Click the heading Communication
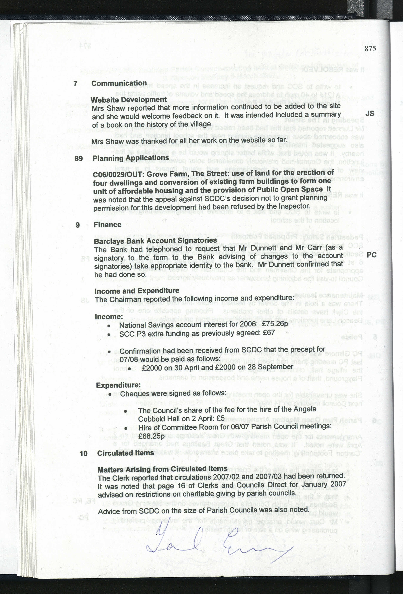[119, 83]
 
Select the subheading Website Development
[129, 100]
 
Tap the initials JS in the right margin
[369, 114]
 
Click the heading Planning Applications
[130, 158]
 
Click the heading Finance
[108, 225]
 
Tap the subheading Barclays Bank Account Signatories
[155, 241]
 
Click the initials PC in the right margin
[371, 255]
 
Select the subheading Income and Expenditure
[137, 291]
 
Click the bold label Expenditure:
[118, 385]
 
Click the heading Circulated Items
[125, 453]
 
